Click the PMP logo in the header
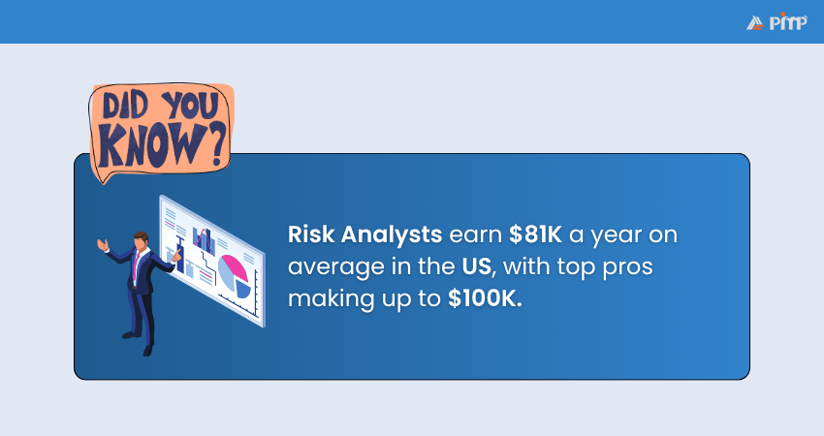coord(776,21)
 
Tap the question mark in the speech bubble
coord(215,142)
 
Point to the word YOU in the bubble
coord(190,105)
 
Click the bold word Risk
coord(311,234)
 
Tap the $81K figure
coord(535,234)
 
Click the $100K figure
coord(485,298)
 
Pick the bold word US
coord(477,266)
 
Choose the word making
coord(331,299)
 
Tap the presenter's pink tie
coord(136,265)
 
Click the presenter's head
coord(141,241)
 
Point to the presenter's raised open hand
coord(103,245)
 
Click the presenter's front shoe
coord(147,351)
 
